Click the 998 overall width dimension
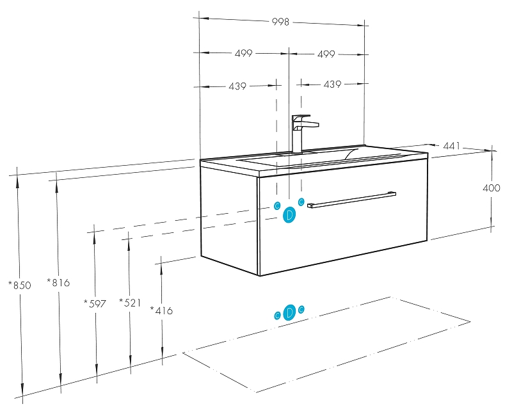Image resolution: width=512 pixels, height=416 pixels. coord(280,22)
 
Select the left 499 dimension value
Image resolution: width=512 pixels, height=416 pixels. coord(243,54)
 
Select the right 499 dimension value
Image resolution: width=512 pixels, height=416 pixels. coord(326,54)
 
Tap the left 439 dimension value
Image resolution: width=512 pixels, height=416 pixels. coord(237,86)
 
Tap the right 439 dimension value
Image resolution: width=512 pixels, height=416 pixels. coord(332,84)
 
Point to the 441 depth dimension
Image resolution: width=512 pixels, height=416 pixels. coord(452,147)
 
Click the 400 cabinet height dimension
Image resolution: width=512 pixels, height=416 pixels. coord(491,188)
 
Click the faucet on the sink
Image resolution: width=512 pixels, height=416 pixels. coord(300,132)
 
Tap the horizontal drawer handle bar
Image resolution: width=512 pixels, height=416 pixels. coord(351,199)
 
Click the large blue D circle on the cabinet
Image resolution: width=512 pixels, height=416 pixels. coord(289,214)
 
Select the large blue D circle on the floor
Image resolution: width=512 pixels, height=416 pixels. coord(289,312)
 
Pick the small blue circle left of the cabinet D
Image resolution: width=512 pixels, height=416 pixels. coord(276,206)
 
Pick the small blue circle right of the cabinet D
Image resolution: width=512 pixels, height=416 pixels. coord(301,202)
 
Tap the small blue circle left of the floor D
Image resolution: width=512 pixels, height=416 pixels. coord(277,315)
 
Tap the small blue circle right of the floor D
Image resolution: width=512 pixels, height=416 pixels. coord(301,310)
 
